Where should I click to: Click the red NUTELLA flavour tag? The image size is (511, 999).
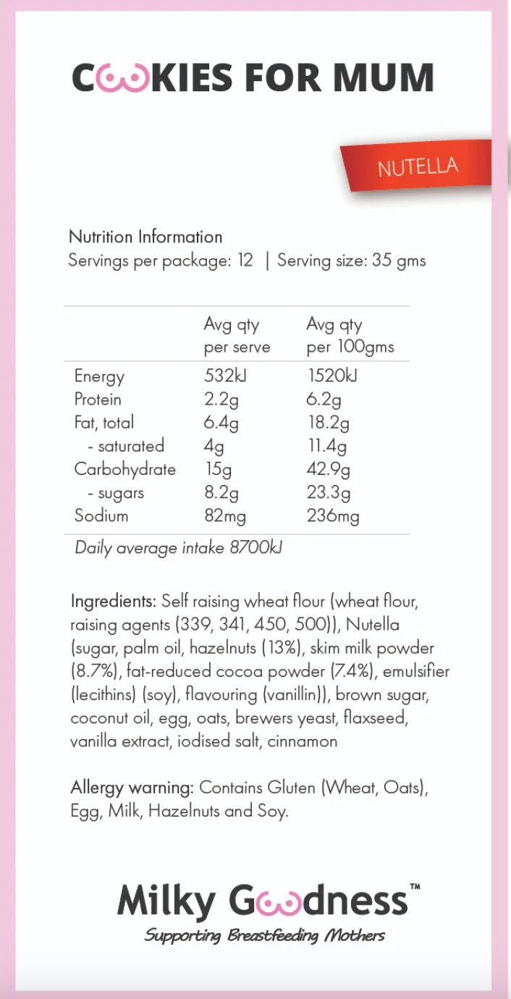[x=418, y=167]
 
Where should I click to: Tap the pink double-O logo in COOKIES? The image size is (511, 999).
[x=124, y=79]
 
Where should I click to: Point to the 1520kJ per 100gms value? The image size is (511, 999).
[x=331, y=376]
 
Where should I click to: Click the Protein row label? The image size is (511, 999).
[x=98, y=400]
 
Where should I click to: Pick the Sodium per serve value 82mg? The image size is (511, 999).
[x=224, y=516]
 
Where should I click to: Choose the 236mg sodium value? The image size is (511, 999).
[x=332, y=516]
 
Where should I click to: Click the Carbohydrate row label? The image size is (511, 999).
[x=124, y=469]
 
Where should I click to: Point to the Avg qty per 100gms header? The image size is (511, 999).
[x=350, y=336]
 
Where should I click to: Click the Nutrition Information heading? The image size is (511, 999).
[x=145, y=237]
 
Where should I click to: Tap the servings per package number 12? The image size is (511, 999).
[x=245, y=261]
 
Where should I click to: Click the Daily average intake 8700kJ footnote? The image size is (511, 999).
[x=178, y=548]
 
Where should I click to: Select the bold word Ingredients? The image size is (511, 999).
[x=113, y=601]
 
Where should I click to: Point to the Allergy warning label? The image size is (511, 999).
[x=132, y=787]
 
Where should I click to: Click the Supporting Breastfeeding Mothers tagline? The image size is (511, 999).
[x=264, y=935]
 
